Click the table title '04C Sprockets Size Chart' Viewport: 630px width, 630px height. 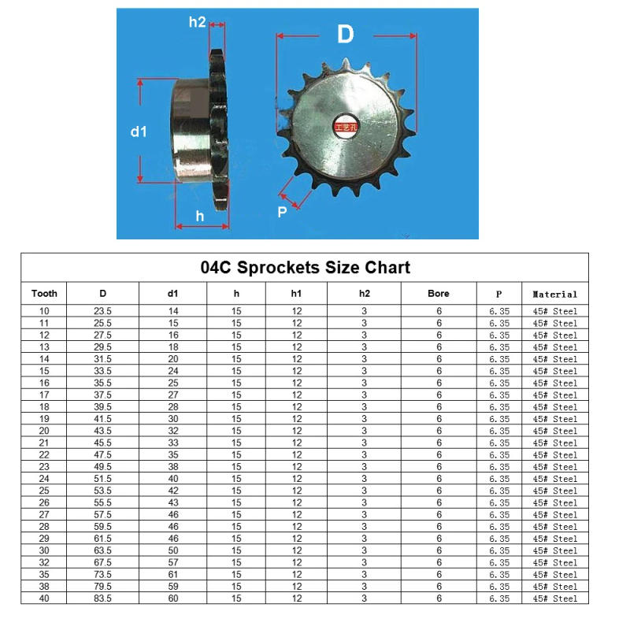[x=305, y=267]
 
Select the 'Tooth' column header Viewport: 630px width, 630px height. [x=44, y=294]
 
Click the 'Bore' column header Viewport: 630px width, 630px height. [x=439, y=294]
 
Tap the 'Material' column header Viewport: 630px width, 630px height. [x=554, y=295]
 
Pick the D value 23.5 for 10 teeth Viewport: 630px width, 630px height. [x=102, y=311]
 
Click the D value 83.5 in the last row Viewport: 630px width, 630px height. [x=102, y=598]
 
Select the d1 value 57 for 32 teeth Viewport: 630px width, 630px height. [x=173, y=562]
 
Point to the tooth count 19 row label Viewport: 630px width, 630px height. [x=44, y=419]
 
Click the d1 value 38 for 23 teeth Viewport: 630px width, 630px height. [x=173, y=466]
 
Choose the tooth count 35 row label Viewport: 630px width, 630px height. [x=44, y=574]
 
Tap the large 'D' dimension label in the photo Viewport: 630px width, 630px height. [x=345, y=35]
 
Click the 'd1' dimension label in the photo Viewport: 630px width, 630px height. [x=139, y=132]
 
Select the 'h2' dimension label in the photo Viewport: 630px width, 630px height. [x=197, y=22]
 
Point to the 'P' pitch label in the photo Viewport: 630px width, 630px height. [x=282, y=211]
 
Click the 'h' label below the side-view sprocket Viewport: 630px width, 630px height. [x=199, y=215]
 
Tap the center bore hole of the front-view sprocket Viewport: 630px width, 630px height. [x=345, y=126]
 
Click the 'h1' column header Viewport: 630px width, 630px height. [x=296, y=294]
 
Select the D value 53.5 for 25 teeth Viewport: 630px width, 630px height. [x=102, y=491]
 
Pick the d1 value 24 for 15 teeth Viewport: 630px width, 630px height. [x=173, y=371]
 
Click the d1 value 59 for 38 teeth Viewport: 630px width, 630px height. [x=173, y=587]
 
